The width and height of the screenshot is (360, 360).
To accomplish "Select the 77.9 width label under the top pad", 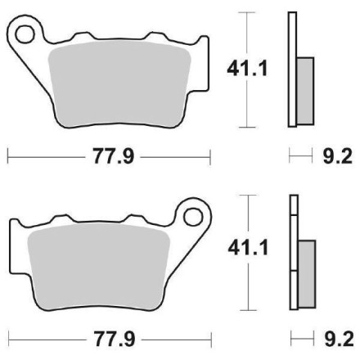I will click(x=109, y=155).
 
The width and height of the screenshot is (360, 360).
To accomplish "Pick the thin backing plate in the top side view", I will click(x=292, y=70).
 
